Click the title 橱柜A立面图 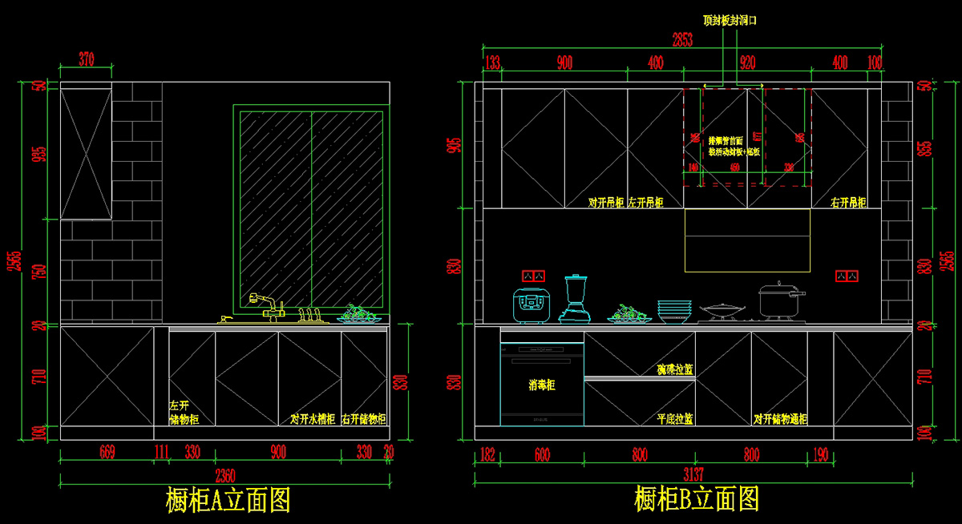pos(228,500)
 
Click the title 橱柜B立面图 pos(697,500)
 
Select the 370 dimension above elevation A pos(87,58)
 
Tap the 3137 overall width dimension pos(694,474)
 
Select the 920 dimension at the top pos(748,62)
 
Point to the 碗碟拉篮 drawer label pos(675,369)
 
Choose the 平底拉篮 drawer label pos(675,419)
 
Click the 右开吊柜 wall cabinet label pos(849,204)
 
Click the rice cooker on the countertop pos(530,305)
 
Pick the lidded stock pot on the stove pos(778,300)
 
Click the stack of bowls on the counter pos(674,311)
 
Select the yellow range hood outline pos(747,240)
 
